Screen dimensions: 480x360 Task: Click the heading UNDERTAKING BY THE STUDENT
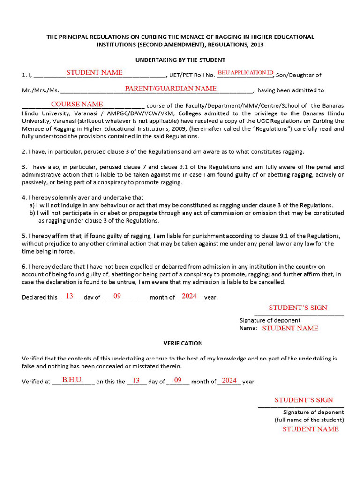(x=180, y=60)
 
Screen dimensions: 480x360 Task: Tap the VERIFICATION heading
(x=182, y=343)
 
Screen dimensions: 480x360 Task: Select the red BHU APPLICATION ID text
(x=245, y=73)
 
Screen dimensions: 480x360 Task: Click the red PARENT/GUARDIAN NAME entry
(x=171, y=89)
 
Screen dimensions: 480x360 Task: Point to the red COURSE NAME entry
(x=77, y=104)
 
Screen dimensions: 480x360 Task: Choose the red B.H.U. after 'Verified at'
(x=73, y=380)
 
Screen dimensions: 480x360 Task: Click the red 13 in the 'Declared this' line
(x=69, y=296)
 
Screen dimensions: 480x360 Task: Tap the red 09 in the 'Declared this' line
(x=117, y=296)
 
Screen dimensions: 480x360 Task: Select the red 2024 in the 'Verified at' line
(x=229, y=380)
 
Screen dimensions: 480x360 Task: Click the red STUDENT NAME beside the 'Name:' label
(x=290, y=328)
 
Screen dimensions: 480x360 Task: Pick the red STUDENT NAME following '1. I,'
(x=94, y=72)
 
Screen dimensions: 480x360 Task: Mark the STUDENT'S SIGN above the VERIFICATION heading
(x=298, y=307)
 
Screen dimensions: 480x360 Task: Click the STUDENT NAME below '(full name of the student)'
(x=310, y=429)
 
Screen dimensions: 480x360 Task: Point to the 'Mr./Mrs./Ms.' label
(x=40, y=90)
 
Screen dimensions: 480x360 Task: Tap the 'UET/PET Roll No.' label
(x=192, y=75)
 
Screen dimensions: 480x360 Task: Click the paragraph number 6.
(x=24, y=267)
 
